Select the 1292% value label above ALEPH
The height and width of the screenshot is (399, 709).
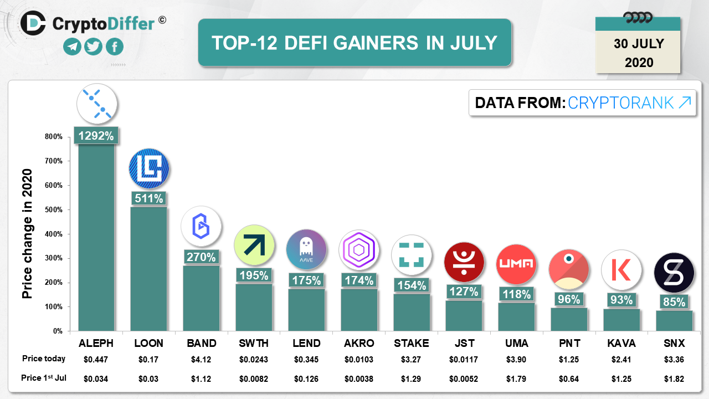click(x=96, y=136)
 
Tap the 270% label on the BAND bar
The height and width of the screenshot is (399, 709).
click(x=201, y=257)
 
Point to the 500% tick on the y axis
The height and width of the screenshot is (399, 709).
click(x=54, y=209)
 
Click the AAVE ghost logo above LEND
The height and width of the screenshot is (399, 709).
click(x=306, y=250)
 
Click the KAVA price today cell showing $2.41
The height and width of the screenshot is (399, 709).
click(x=621, y=359)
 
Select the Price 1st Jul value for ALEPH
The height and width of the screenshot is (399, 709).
click(x=96, y=379)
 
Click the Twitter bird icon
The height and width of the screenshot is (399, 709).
click(x=94, y=47)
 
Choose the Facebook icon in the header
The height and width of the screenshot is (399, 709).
click(x=114, y=47)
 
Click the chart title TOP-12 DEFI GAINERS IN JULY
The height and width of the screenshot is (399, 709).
click(x=354, y=43)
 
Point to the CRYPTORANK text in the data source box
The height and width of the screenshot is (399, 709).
click(x=621, y=103)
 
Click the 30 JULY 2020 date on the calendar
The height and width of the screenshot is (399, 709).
click(x=639, y=53)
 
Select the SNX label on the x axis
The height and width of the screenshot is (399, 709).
click(x=674, y=343)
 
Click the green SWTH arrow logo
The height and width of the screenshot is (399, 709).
click(x=254, y=245)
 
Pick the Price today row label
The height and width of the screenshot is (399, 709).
click(x=44, y=359)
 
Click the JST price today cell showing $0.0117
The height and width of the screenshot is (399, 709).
click(x=464, y=359)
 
